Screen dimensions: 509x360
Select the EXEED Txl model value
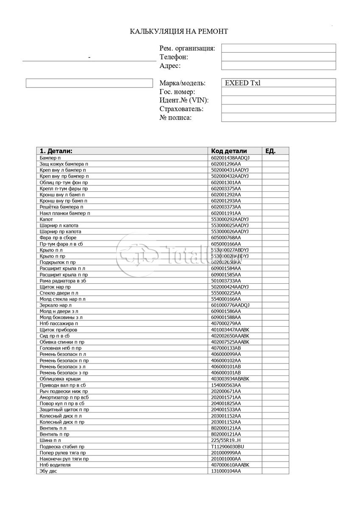click(x=243, y=83)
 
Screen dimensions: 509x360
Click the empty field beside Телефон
click(x=278, y=57)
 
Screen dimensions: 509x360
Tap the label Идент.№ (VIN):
click(x=184, y=101)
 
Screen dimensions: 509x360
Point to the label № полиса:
click(x=176, y=117)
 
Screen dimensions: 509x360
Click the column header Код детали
click(x=229, y=151)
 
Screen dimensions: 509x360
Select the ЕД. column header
click(x=271, y=151)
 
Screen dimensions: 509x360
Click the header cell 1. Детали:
click(x=56, y=151)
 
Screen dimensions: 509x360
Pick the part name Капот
click(x=46, y=219)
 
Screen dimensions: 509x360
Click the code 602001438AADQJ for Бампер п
click(x=230, y=158)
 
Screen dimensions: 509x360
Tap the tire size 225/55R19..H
click(x=226, y=441)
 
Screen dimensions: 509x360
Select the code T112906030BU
click(x=228, y=447)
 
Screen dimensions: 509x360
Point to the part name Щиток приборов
click(x=59, y=330)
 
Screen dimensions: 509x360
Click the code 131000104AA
click(x=226, y=471)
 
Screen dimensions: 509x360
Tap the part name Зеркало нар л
click(x=56, y=305)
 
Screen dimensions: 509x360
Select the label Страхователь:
click(x=181, y=109)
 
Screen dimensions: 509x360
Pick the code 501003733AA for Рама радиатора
click(x=226, y=281)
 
